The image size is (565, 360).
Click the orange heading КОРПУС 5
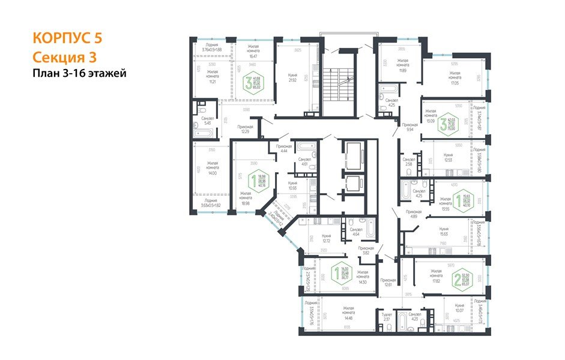67,38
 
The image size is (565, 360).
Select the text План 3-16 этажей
79,74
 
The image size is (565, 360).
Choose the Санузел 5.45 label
208,121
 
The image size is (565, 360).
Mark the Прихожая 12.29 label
244,130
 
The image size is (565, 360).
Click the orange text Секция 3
63,56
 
